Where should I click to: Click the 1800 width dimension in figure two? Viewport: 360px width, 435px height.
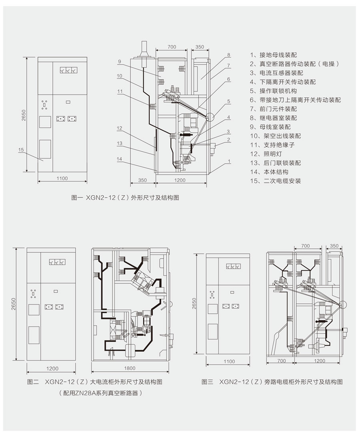(x=129, y=368)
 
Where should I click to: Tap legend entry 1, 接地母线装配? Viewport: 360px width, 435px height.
(x=273, y=55)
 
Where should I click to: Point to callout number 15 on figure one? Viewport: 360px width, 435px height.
(x=21, y=150)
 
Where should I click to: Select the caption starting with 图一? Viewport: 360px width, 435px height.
(x=124, y=197)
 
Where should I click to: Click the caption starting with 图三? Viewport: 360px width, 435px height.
(x=272, y=382)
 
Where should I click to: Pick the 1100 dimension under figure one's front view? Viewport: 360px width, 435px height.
(x=62, y=178)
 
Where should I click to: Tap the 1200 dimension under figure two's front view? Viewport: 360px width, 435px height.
(x=52, y=368)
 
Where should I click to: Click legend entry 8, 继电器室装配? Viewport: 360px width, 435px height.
(x=273, y=118)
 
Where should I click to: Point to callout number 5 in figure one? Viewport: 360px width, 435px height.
(x=228, y=102)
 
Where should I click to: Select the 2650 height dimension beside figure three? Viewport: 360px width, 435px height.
(x=194, y=304)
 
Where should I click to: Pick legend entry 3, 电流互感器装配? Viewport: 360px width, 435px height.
(x=276, y=73)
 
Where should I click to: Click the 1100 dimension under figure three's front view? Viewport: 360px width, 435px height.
(x=229, y=361)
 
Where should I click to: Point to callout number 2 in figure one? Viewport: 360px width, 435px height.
(x=228, y=140)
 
